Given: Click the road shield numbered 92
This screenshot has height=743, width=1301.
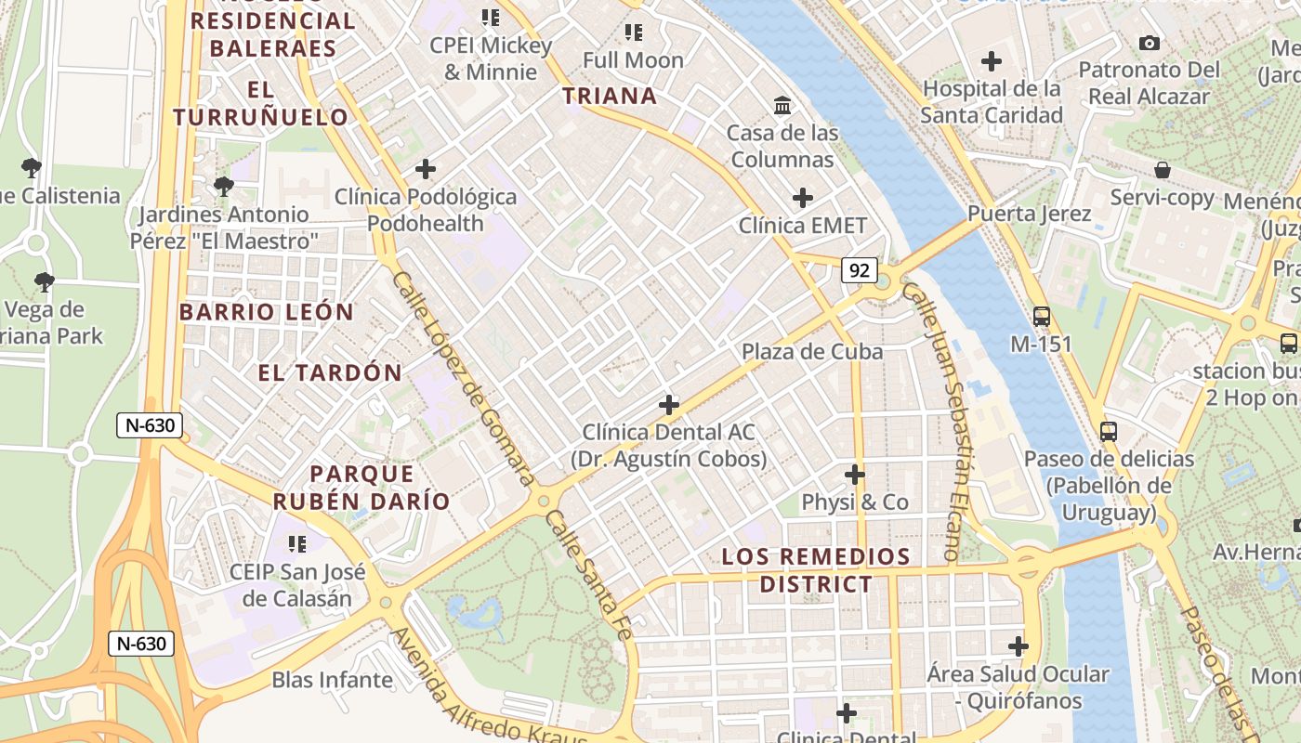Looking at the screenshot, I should (x=860, y=270).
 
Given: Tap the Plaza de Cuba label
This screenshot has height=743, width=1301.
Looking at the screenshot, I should (x=812, y=352).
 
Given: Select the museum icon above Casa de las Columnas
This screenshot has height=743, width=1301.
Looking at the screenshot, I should (x=782, y=105).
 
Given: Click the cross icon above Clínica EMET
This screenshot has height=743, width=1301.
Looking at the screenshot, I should (x=803, y=198).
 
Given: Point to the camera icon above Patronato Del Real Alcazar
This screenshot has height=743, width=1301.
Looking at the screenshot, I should (x=1150, y=43).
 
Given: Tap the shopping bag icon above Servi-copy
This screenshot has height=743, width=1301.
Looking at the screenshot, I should (x=1162, y=170).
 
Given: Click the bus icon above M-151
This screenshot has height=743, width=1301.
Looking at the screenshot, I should (x=1041, y=316).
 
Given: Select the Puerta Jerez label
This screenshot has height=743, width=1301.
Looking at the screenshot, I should (x=1029, y=214).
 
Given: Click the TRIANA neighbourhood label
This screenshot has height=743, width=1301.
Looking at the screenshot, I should (x=610, y=96).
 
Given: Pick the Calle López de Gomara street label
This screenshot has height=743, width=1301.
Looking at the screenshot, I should (x=462, y=377).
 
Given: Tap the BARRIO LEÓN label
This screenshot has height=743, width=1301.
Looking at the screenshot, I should (x=267, y=312).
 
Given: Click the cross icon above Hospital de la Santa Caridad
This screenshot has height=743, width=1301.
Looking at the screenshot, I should (x=992, y=61).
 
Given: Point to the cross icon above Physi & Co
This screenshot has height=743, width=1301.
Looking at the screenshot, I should (x=855, y=475).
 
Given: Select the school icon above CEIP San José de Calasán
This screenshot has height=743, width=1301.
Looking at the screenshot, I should (x=297, y=543).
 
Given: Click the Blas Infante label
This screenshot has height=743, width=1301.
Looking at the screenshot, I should (x=332, y=680).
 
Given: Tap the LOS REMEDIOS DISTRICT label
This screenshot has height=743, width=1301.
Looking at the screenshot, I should (x=816, y=570).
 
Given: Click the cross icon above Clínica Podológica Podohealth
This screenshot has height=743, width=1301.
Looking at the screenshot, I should (x=426, y=169).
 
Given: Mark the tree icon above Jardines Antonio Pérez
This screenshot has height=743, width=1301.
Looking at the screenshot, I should (x=223, y=187).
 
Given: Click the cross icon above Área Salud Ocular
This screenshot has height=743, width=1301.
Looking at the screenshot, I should (x=1018, y=645).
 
